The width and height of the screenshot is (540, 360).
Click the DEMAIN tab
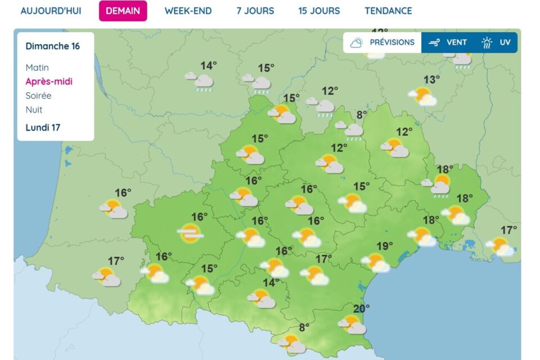(123, 11)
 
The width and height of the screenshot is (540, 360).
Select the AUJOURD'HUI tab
(51, 11)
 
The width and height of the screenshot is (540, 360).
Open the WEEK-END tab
(188, 11)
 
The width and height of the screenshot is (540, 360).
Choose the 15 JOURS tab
(319, 11)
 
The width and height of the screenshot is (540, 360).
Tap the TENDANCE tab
(388, 11)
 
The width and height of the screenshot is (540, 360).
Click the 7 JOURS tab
(255, 11)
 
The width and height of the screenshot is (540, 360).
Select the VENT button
(448, 42)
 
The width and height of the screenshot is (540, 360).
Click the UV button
(497, 42)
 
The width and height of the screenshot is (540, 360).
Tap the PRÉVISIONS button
(382, 42)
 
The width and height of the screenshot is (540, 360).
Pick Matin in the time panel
(37, 67)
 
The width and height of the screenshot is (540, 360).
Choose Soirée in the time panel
(38, 96)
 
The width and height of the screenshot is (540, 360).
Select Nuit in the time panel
(34, 110)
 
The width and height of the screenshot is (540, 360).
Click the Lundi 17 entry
(43, 128)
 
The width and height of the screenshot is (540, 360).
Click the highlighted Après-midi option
(49, 82)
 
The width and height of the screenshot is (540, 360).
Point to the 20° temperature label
(362, 308)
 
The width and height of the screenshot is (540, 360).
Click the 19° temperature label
(385, 246)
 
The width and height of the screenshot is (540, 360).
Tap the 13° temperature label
(431, 80)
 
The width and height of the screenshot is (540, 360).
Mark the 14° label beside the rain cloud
(209, 66)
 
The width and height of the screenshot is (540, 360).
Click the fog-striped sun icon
(190, 232)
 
